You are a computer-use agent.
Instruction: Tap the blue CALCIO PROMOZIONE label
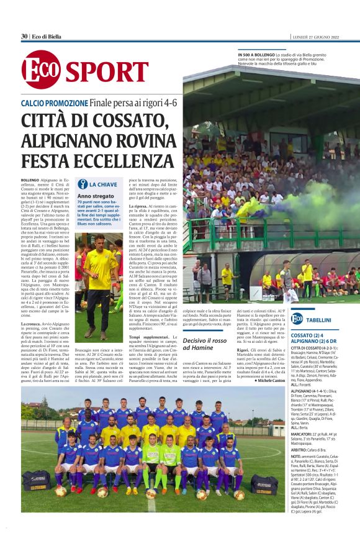point(54,102)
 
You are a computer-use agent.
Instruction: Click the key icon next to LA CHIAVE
point(83,184)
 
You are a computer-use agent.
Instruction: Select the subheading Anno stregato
point(94,196)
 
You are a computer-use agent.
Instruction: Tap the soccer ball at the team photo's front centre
point(151,494)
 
